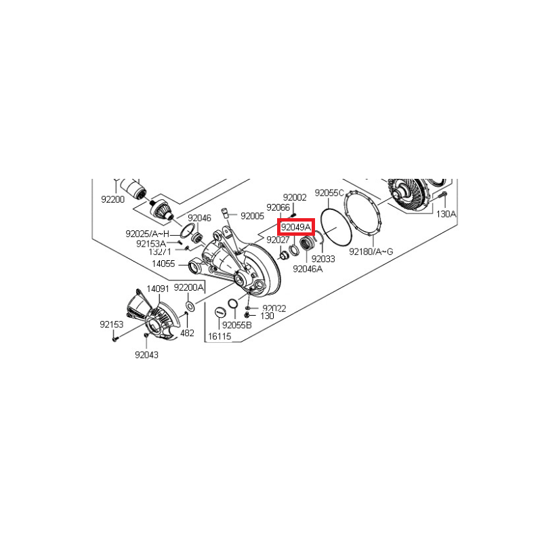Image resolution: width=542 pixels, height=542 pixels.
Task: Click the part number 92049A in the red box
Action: point(296,228)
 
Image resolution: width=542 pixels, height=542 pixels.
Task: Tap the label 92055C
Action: point(329,193)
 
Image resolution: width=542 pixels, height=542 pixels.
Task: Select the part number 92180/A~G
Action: point(371,251)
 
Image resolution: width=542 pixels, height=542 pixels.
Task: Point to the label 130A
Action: point(446,214)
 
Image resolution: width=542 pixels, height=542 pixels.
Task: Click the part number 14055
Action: point(163,264)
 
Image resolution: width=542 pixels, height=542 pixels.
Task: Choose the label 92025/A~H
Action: point(148,234)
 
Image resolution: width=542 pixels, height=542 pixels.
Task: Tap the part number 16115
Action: point(220,336)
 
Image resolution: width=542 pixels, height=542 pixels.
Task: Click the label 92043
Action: point(146,354)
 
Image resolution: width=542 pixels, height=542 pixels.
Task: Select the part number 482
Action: point(188,333)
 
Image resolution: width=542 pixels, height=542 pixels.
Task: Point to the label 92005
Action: point(252,216)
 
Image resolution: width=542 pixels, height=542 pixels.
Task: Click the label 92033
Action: point(323,259)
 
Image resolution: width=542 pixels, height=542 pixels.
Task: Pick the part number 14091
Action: point(158,289)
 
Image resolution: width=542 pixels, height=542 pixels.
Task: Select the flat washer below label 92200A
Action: point(190,306)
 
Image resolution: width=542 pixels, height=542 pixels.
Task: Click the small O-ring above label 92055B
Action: point(233,303)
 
